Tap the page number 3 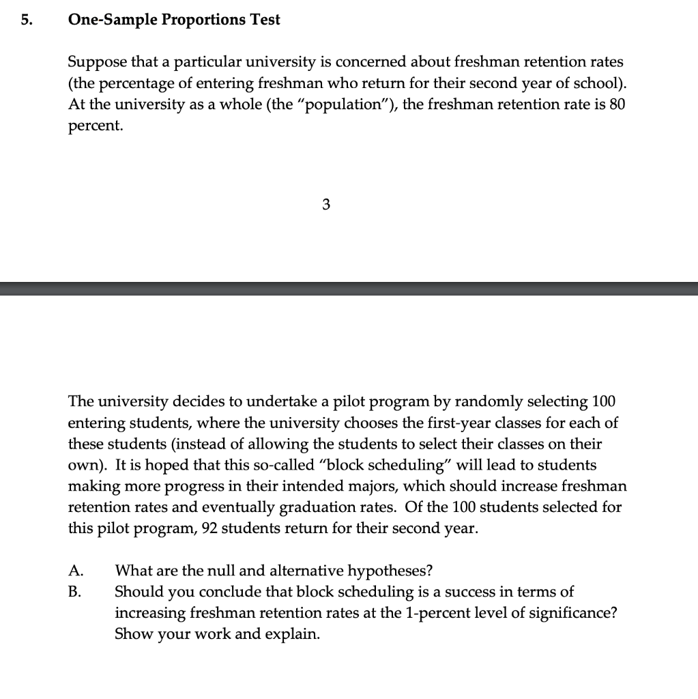click(325, 204)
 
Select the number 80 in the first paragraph click(616, 104)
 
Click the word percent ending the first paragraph click(95, 127)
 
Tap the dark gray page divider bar click(349, 288)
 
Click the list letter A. click(76, 571)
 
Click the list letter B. click(75, 591)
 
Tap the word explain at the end click(295, 633)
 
